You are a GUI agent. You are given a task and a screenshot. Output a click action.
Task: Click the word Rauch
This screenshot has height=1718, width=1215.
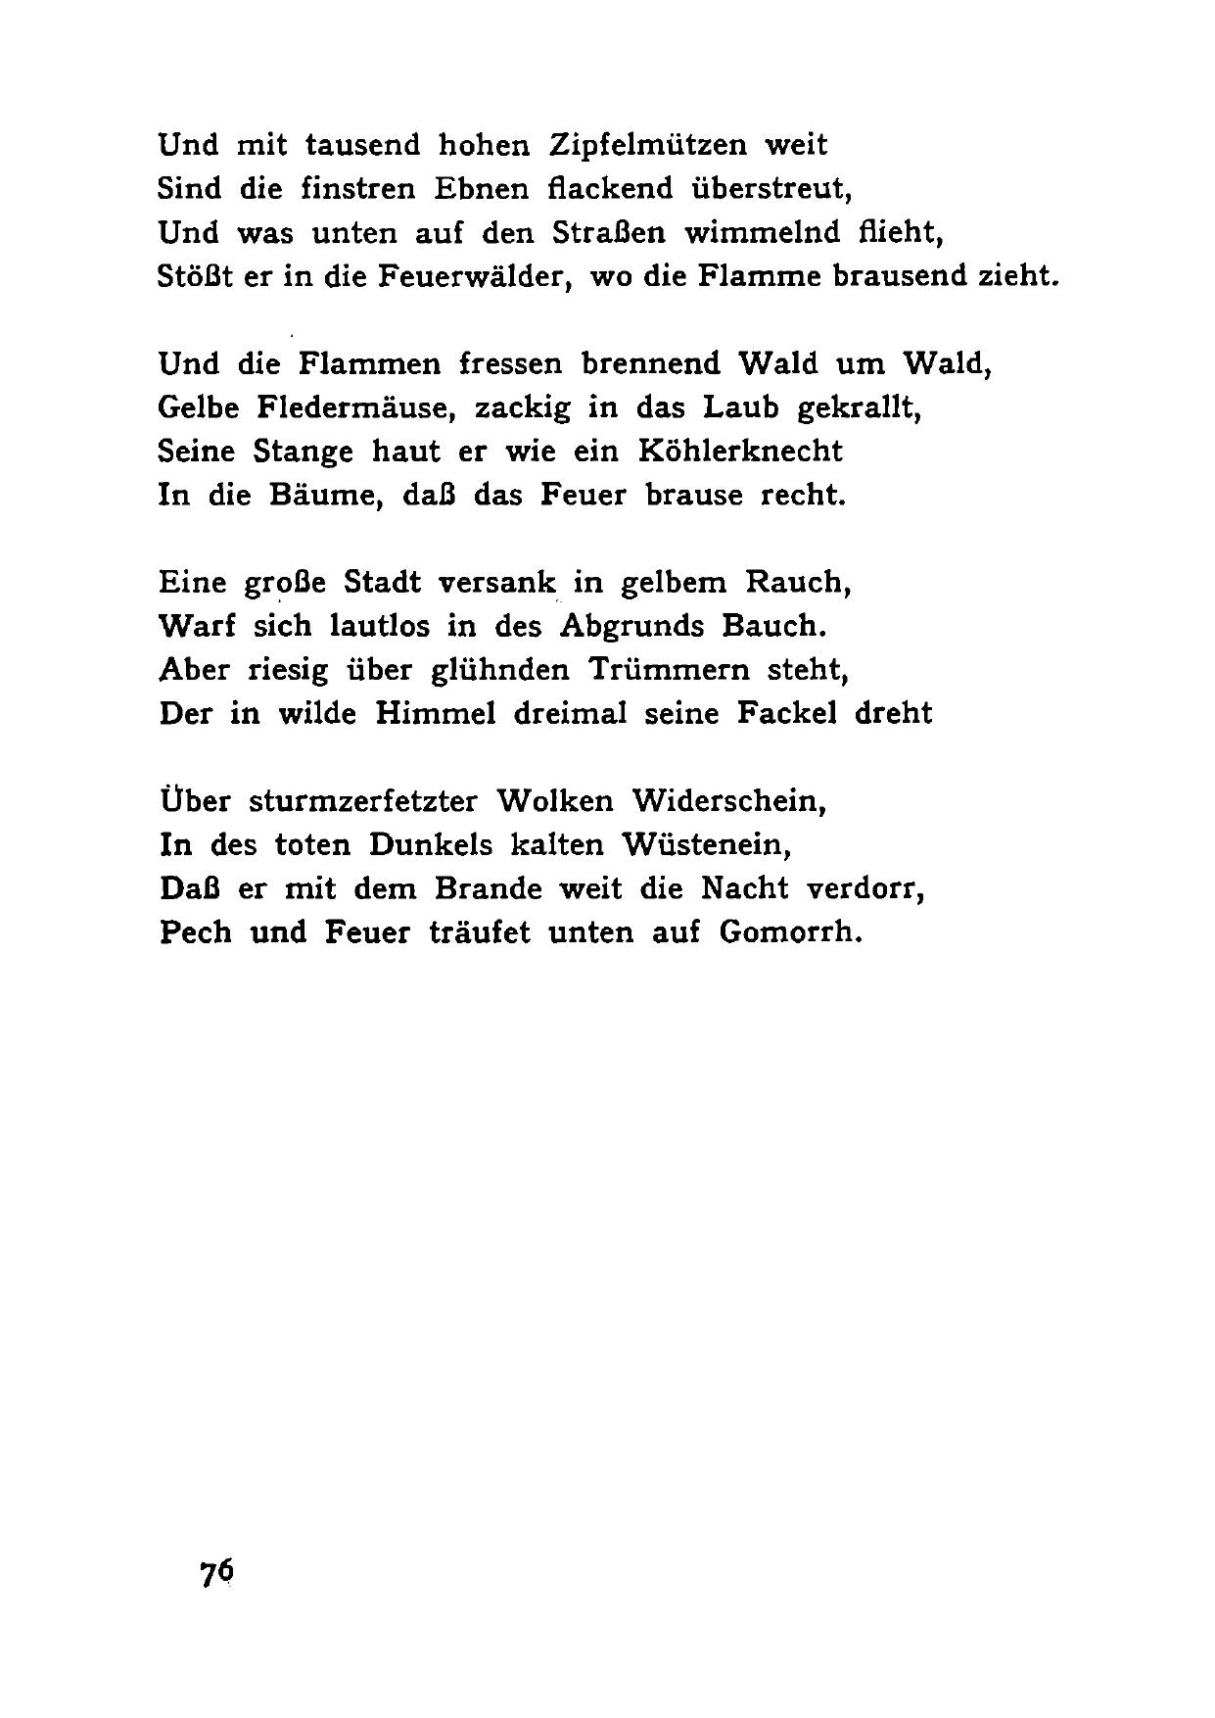(x=799, y=583)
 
